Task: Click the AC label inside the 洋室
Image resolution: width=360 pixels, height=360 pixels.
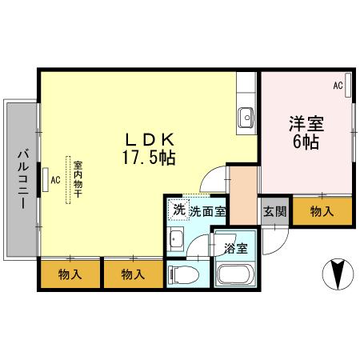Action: [338, 85]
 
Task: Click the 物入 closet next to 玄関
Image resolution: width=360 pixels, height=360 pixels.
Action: [322, 212]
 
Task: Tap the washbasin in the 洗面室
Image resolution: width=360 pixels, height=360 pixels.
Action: [176, 240]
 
